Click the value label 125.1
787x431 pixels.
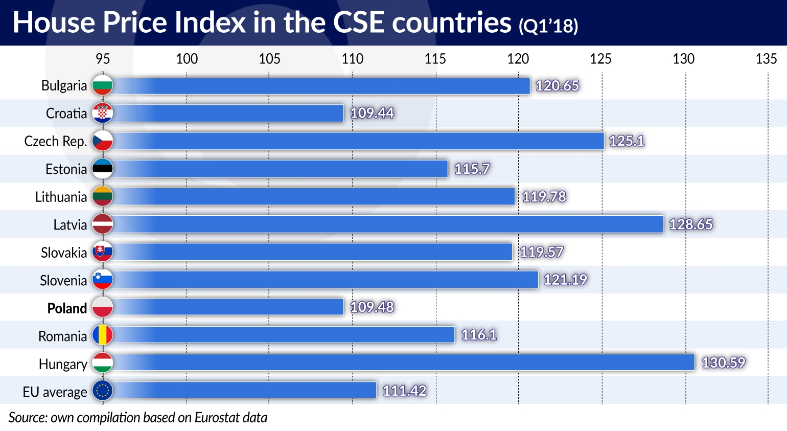click(627, 141)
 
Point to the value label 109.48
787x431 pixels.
click(372, 307)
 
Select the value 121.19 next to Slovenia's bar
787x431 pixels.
click(565, 279)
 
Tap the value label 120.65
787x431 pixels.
click(557, 85)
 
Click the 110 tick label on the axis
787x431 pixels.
click(353, 59)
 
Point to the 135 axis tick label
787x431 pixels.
click(766, 59)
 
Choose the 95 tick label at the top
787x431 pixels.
click(103, 59)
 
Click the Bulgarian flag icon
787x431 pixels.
click(103, 85)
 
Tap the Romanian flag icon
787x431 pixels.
click(103, 335)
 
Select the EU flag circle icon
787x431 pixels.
click(103, 391)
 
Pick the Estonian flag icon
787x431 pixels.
click(103, 169)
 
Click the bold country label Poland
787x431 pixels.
click(67, 308)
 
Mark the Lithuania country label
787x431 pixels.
click(61, 197)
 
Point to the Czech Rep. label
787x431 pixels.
click(55, 141)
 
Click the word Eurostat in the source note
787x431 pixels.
click(217, 418)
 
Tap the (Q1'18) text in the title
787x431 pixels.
click(548, 26)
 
